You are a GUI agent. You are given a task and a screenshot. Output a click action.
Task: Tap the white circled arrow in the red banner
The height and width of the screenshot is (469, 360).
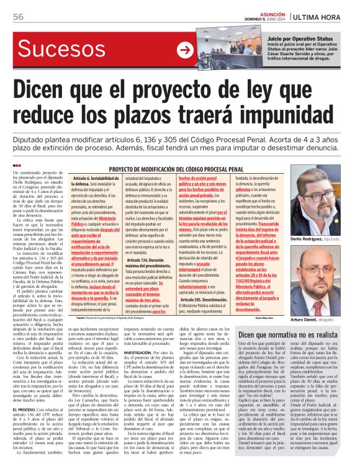185,51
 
